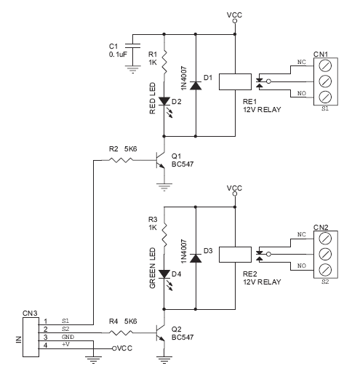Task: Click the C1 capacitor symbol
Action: click(133, 46)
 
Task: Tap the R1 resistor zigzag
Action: click(164, 63)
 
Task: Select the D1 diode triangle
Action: click(196, 85)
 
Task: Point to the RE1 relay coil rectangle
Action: click(235, 81)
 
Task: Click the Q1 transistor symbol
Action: click(160, 161)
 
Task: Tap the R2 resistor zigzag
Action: click(121, 160)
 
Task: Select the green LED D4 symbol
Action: click(164, 274)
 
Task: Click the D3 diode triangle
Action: click(196, 258)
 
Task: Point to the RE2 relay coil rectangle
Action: click(235, 255)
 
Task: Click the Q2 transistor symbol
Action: click(160, 333)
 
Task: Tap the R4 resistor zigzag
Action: click(121, 332)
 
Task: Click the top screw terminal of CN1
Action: click(325, 65)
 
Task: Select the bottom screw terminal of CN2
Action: click(325, 270)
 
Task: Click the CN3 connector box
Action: click(31, 337)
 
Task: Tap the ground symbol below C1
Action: click(133, 69)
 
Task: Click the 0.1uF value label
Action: click(118, 55)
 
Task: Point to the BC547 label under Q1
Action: click(183, 164)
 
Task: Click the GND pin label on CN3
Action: click(68, 337)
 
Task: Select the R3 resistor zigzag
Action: click(164, 235)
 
